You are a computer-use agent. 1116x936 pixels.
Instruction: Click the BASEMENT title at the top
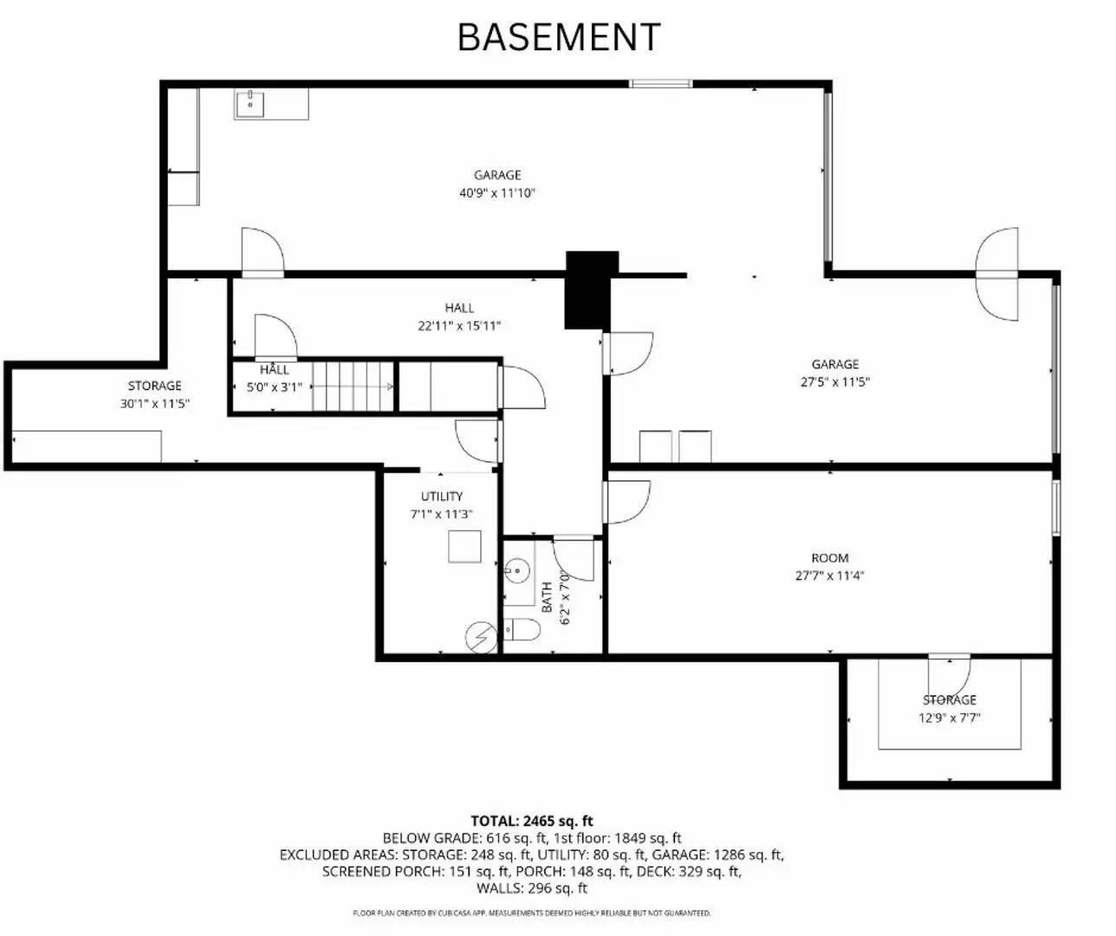[x=559, y=37]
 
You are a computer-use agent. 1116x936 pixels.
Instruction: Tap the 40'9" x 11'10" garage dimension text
[x=497, y=193]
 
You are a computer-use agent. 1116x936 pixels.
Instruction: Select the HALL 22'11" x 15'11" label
[x=459, y=317]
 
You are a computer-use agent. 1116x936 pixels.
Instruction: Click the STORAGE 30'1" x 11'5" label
[x=155, y=394]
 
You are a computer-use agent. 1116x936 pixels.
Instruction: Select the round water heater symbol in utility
[x=479, y=638]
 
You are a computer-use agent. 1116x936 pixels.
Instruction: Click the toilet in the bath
[x=521, y=630]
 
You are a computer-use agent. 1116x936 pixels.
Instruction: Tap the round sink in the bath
[x=516, y=570]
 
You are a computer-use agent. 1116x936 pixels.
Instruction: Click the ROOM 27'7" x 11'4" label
[x=829, y=567]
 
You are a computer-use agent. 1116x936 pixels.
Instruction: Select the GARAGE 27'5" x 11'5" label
[x=835, y=373]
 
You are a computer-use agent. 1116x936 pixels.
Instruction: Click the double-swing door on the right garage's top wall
[x=998, y=275]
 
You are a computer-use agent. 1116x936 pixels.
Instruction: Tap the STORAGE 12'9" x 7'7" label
[x=949, y=708]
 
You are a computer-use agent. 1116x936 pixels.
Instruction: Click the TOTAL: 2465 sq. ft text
[x=532, y=821]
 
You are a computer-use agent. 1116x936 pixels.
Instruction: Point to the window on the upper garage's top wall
[x=660, y=84]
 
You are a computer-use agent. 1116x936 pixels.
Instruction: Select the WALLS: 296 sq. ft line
[x=532, y=888]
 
